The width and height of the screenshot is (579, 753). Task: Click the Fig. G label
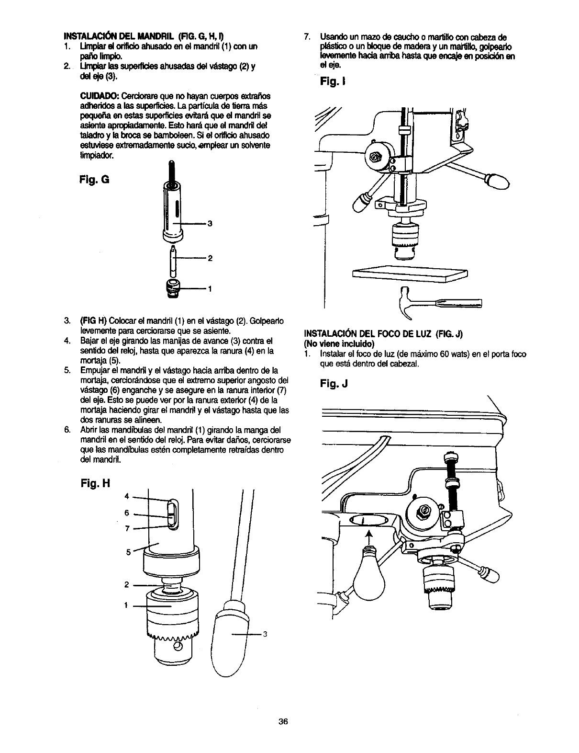pos(96,180)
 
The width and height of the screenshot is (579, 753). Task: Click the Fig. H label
pos(96,483)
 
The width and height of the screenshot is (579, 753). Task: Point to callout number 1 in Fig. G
pos(209,289)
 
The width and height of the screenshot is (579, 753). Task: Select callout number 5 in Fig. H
pos(128,551)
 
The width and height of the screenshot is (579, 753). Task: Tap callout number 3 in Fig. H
pos(264,635)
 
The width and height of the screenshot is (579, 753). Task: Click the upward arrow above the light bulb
pos(368,536)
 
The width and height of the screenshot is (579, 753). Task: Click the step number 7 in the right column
pos(307,37)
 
